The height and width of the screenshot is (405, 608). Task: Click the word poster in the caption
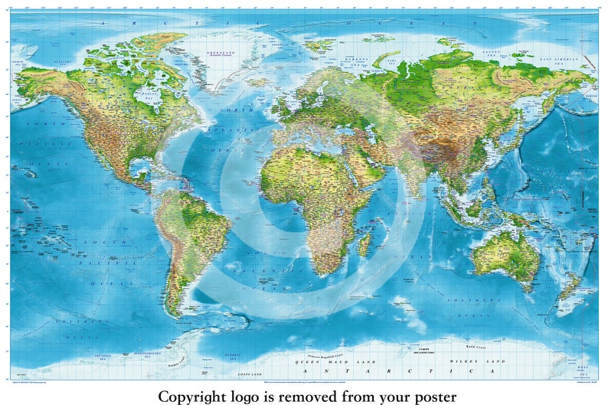pyautogui.click(x=432, y=396)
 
